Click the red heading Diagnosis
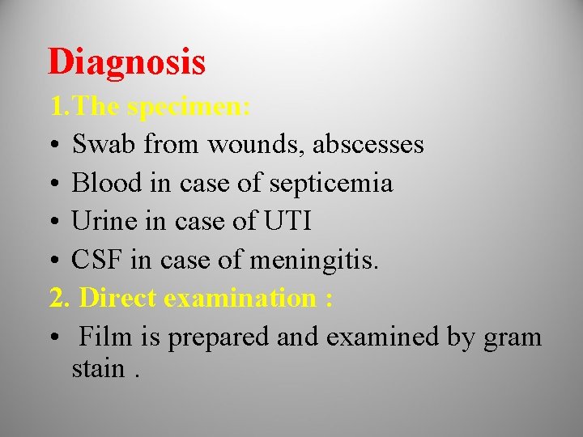point(126,62)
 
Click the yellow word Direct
point(118,298)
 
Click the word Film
point(105,336)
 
